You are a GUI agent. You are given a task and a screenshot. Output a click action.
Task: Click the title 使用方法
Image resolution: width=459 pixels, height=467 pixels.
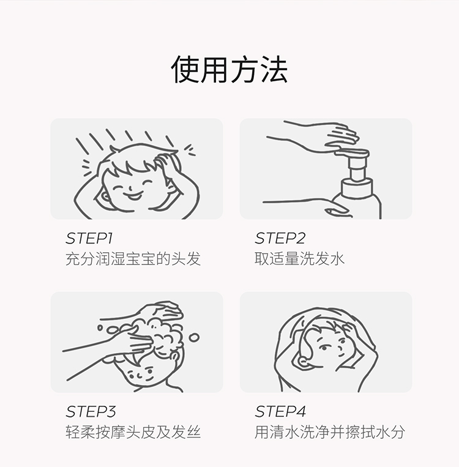229,69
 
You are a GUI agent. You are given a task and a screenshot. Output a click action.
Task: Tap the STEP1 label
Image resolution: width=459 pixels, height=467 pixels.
89,238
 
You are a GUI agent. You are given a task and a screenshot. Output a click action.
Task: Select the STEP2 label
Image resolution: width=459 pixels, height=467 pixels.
280,238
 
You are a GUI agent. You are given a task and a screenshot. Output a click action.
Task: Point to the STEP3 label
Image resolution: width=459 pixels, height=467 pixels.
91,411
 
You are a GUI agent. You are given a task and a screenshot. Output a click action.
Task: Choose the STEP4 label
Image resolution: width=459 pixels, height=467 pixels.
280,411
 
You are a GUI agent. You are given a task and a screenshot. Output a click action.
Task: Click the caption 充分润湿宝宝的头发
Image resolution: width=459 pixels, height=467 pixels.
133,258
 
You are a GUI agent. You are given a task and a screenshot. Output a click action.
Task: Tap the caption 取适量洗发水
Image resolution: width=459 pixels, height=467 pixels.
299,258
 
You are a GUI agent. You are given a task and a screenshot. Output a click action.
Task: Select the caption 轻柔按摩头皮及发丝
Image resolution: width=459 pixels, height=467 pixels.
133,432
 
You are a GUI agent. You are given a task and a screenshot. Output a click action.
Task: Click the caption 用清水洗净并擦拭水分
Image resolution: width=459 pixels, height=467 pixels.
329,432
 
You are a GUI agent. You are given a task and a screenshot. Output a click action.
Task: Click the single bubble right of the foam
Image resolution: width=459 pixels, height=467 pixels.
194,337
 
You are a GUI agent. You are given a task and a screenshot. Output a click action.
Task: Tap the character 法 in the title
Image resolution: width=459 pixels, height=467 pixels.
275,69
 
